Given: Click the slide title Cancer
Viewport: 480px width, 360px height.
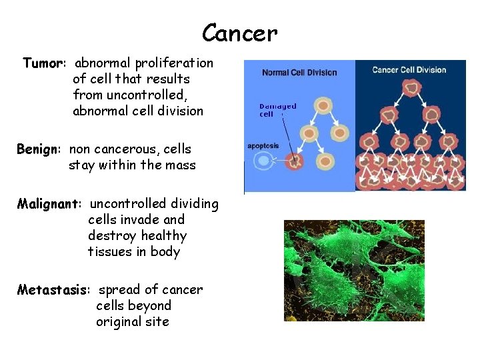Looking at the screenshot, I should coord(239,32).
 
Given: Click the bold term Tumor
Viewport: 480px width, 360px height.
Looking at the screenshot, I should coord(43,63).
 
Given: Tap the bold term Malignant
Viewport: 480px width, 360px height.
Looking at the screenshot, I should coord(49,203).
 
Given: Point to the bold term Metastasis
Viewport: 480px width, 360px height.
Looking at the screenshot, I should coord(55,290).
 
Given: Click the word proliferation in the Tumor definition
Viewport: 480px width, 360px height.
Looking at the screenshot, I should coord(174,63).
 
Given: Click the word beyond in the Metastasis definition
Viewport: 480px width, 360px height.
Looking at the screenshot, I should coord(147,306).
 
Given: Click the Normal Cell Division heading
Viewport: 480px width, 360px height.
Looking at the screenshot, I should coord(299,72).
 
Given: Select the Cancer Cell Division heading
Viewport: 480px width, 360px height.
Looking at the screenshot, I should coord(409,70).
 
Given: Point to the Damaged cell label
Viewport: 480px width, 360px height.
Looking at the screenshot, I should coord(277,110).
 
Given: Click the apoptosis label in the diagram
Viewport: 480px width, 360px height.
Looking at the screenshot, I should coord(263,145).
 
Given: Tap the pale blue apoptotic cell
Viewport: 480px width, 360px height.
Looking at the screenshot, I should coord(265,161).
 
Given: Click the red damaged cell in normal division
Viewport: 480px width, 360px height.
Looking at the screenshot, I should coord(294,161).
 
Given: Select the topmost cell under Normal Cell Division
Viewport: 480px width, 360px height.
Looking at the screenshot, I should coord(323,105).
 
